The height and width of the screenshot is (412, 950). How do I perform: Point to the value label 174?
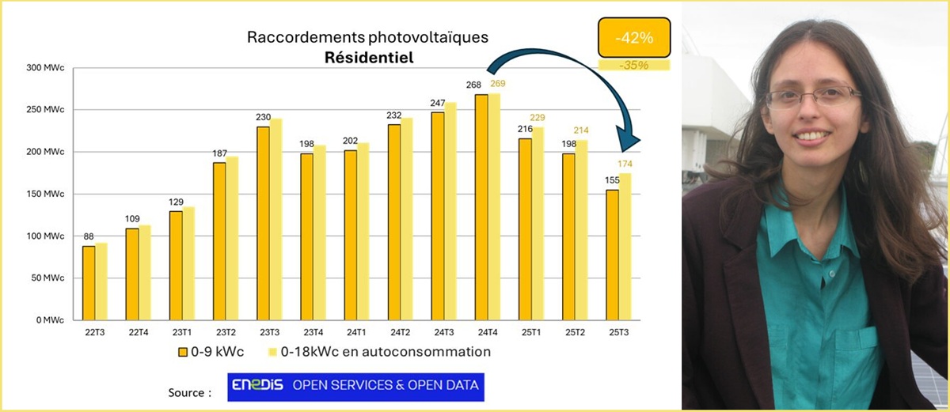click(625, 164)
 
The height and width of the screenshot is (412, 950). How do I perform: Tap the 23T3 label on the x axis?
click(268, 331)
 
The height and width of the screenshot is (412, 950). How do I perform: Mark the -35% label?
click(633, 65)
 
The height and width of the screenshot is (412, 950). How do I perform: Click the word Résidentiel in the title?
click(367, 57)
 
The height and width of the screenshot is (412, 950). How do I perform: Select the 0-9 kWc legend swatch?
click(182, 351)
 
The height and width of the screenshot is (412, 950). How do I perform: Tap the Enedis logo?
click(257, 386)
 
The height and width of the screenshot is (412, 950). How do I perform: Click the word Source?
click(189, 393)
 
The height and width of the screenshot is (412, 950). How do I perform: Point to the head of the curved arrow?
click(629, 145)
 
